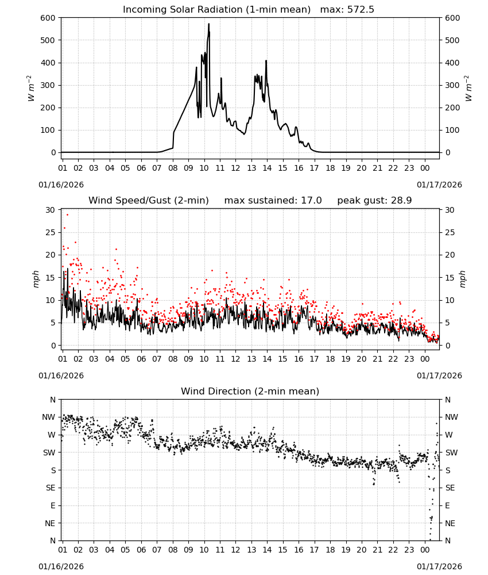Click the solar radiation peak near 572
pyautogui.click(x=209, y=24)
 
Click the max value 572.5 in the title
pyautogui.click(x=361, y=10)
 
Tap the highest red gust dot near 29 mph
pyautogui.click(x=67, y=215)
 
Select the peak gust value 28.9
pyautogui.click(x=401, y=201)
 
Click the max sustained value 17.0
pyautogui.click(x=311, y=201)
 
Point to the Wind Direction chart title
pyautogui.click(x=250, y=391)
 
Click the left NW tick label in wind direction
pyautogui.click(x=49, y=417)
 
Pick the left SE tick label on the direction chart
pyautogui.click(x=51, y=488)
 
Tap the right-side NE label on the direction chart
pyautogui.click(x=450, y=523)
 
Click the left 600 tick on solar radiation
pyautogui.click(x=48, y=18)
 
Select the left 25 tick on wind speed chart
pyautogui.click(x=51, y=232)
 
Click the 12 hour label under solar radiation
pyautogui.click(x=235, y=168)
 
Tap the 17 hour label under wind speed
pyautogui.click(x=314, y=359)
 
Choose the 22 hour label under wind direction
pyautogui.click(x=393, y=550)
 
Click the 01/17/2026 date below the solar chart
pyautogui.click(x=439, y=185)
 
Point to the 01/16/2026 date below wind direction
pyautogui.click(x=61, y=566)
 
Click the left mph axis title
pyautogui.click(x=36, y=279)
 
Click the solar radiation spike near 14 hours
pyautogui.click(x=266, y=62)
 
